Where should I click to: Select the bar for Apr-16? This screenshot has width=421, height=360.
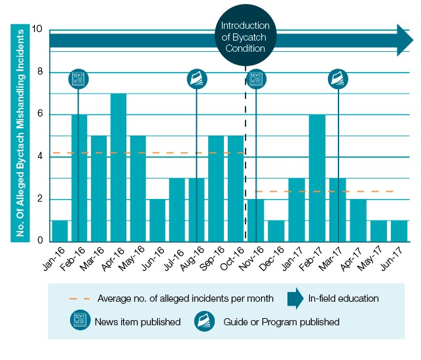(119, 168)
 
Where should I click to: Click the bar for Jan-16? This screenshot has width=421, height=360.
(60, 231)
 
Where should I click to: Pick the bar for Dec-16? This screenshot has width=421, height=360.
(276, 231)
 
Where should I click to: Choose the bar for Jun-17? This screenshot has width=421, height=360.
(398, 231)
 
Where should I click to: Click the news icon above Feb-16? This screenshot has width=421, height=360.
(79, 79)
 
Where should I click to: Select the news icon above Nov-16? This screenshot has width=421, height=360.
(255, 79)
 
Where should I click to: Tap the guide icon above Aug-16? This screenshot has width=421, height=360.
(197, 79)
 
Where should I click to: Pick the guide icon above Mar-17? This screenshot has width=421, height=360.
(338, 79)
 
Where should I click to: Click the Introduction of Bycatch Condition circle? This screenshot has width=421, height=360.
(246, 37)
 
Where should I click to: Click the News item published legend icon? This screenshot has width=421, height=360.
(79, 321)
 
